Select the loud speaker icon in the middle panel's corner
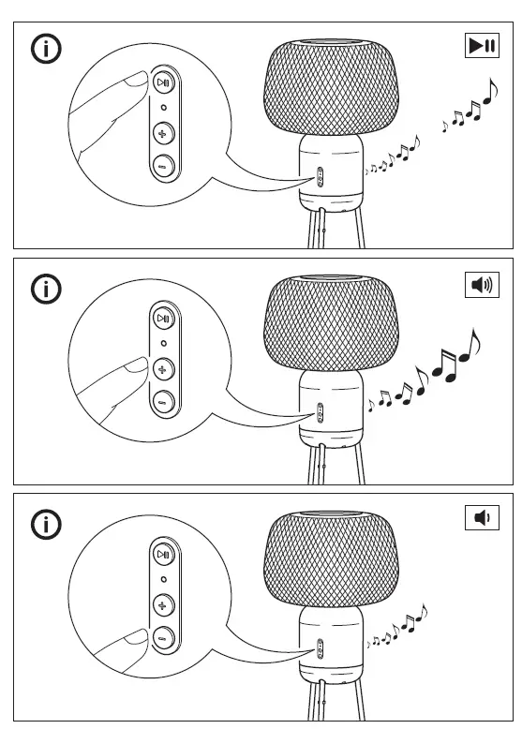pyautogui.click(x=482, y=284)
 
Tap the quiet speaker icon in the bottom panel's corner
pyautogui.click(x=482, y=516)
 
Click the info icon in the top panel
pyautogui.click(x=47, y=49)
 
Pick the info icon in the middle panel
pyautogui.click(x=47, y=288)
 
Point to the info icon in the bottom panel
pyautogui.click(x=47, y=524)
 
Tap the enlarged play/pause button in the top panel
pyautogui.click(x=164, y=82)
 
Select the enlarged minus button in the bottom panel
pyautogui.click(x=164, y=636)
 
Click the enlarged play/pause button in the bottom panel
pyautogui.click(x=164, y=554)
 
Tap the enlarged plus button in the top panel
pyautogui.click(x=164, y=133)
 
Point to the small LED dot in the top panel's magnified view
pyautogui.click(x=164, y=108)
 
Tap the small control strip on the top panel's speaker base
pyautogui.click(x=320, y=174)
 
